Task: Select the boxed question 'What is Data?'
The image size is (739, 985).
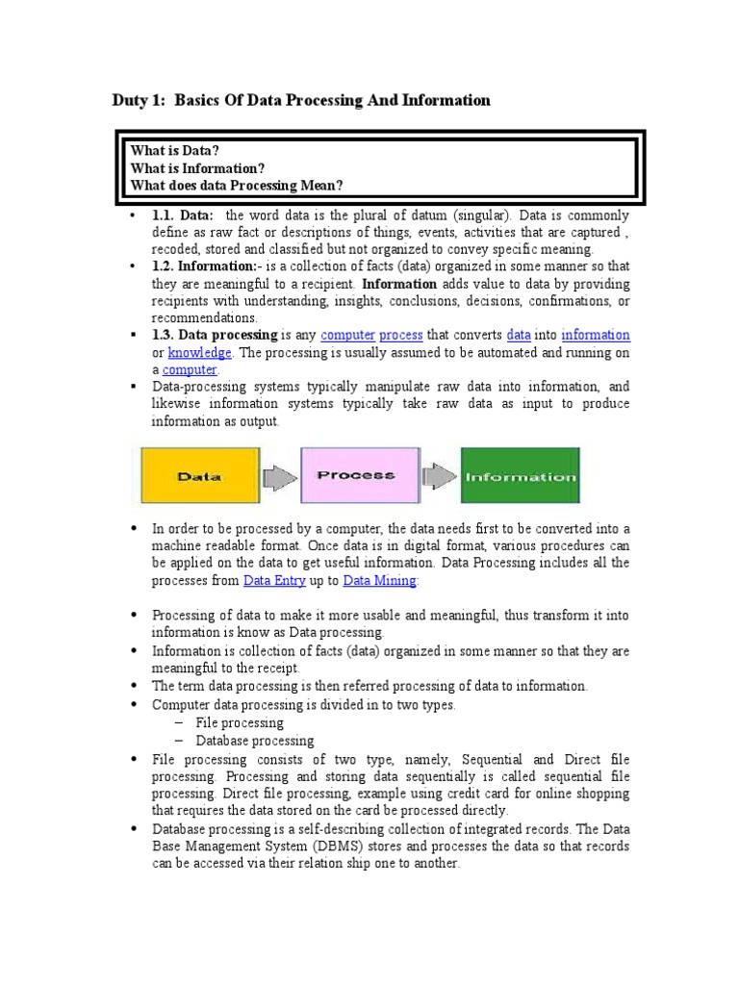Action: pyautogui.click(x=175, y=151)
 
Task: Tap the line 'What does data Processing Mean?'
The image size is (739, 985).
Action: pyautogui.click(x=237, y=185)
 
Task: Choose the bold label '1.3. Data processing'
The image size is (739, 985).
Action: pyautogui.click(x=214, y=335)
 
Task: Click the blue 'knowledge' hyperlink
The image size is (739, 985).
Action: pyautogui.click(x=199, y=352)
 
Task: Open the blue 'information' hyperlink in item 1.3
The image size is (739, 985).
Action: pyautogui.click(x=596, y=335)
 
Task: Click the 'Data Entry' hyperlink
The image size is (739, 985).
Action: pyautogui.click(x=275, y=580)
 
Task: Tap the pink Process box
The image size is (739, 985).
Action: pyautogui.click(x=355, y=475)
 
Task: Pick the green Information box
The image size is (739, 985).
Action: pyautogui.click(x=521, y=475)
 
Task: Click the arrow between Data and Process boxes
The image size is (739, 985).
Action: pyautogui.click(x=279, y=475)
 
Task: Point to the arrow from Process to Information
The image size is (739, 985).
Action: pyautogui.click(x=441, y=475)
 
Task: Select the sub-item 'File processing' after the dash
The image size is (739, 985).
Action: pyautogui.click(x=240, y=722)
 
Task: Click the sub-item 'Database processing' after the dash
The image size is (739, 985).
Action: pyautogui.click(x=255, y=741)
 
